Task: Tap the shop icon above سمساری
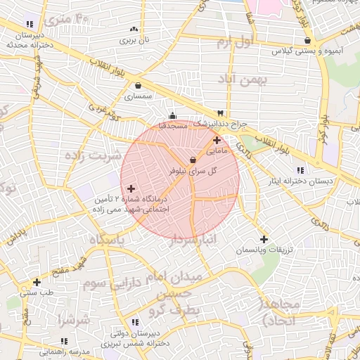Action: pyautogui.click(x=138, y=86)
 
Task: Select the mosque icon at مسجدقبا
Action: pyautogui.click(x=173, y=116)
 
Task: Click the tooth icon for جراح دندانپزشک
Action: pyautogui.click(x=221, y=113)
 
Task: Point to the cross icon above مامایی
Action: pyautogui.click(x=217, y=140)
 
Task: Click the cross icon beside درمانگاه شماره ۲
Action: pyautogui.click(x=131, y=188)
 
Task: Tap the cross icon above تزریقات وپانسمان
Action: pyautogui.click(x=264, y=239)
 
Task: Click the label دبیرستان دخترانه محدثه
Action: pyautogui.click(x=27, y=39)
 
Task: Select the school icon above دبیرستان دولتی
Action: pyautogui.click(x=134, y=322)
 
